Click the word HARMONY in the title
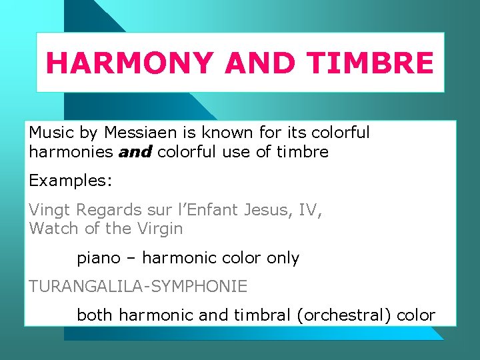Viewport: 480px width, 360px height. tap(130, 63)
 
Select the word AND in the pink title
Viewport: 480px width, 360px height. tap(261, 63)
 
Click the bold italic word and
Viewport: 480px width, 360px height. tap(136, 152)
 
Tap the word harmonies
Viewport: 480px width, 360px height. tap(71, 152)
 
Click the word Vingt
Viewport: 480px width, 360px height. tap(50, 210)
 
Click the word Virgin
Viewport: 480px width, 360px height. tap(159, 229)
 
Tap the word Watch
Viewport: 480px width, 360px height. tap(54, 229)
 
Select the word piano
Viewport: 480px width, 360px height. tap(98, 258)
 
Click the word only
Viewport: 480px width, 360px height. tap(283, 258)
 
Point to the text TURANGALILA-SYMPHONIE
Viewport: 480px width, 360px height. tap(138, 287)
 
